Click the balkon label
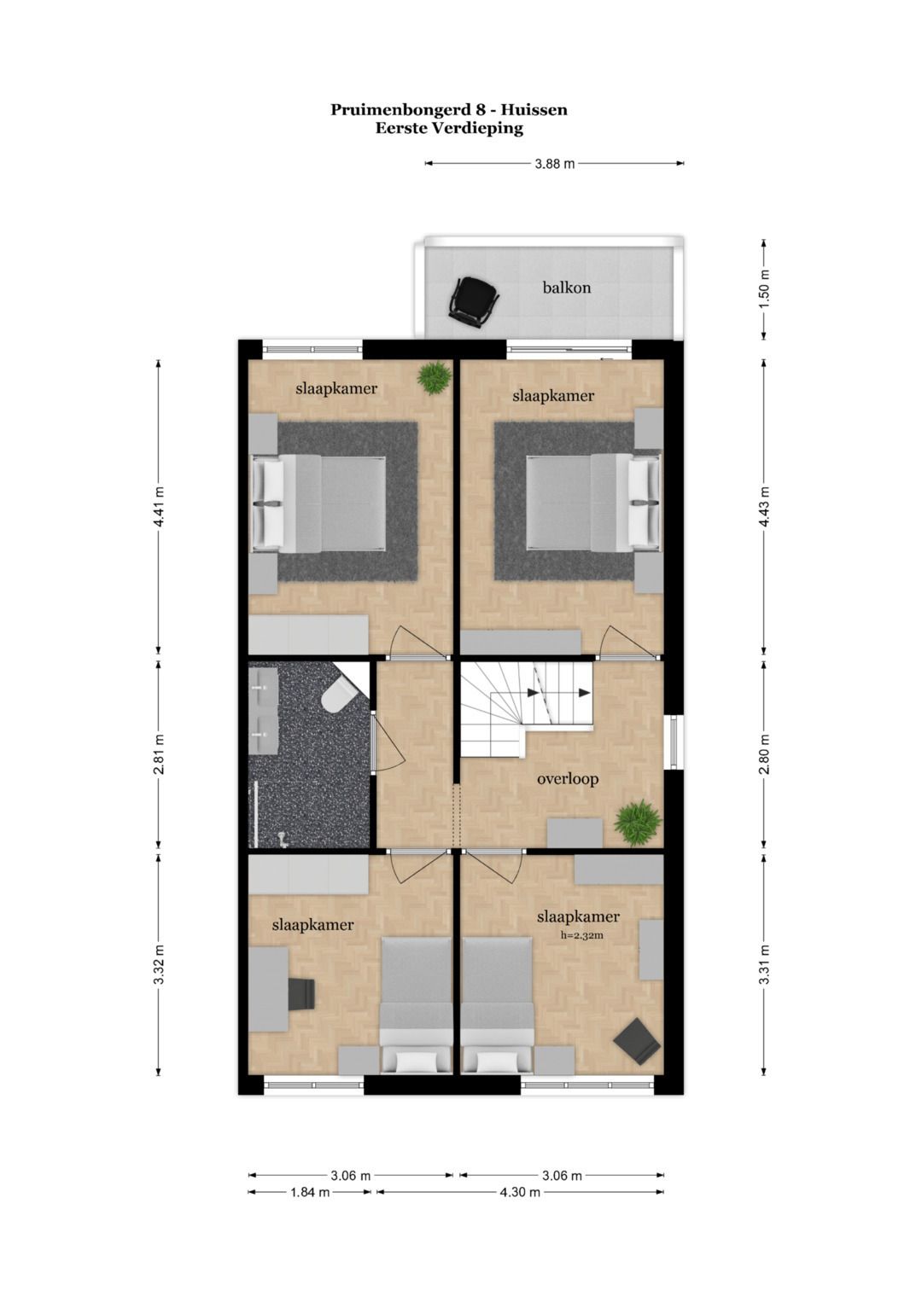566,288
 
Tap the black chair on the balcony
473,301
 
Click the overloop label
568,778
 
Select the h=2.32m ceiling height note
581,935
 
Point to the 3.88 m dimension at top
554,164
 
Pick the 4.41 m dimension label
159,507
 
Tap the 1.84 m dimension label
310,1192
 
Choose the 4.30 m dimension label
520,1192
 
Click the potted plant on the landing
637,822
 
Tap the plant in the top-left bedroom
435,376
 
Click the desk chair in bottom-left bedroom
301,993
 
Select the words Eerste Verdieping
449,129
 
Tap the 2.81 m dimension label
159,754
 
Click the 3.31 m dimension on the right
765,964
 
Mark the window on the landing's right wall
675,741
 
